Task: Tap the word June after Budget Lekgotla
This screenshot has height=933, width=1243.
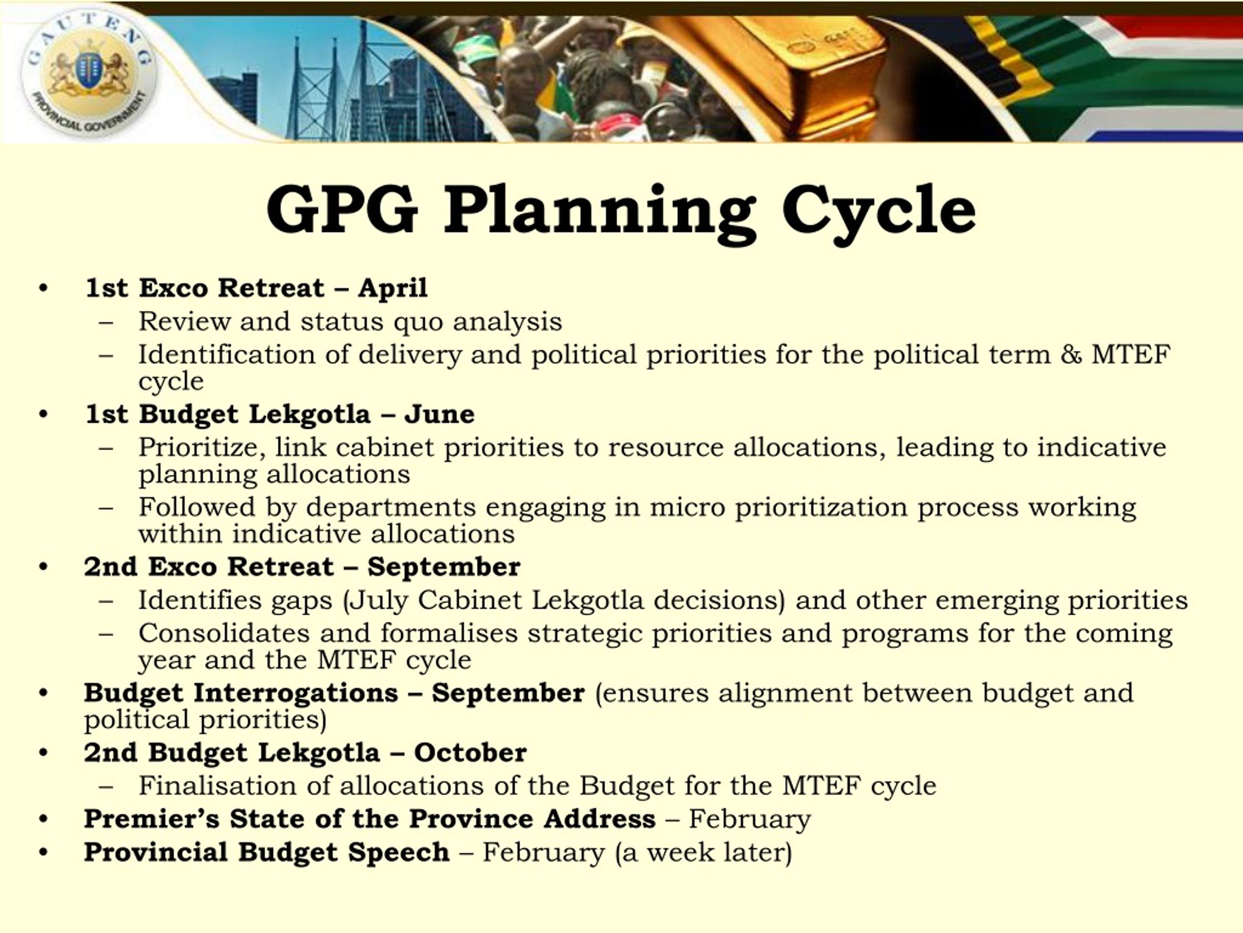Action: pos(439,415)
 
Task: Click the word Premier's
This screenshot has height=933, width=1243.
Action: pos(151,819)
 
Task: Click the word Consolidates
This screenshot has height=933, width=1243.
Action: pos(224,633)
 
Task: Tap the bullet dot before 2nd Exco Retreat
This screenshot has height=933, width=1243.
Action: pos(44,567)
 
